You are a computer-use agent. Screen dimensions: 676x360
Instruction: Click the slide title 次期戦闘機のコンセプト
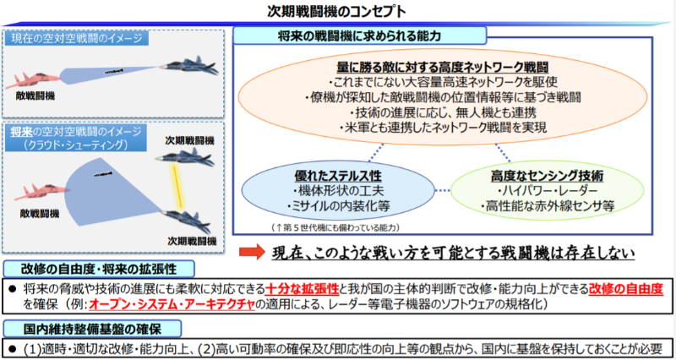click(x=337, y=12)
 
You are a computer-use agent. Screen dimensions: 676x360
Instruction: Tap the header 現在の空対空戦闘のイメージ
click(x=78, y=38)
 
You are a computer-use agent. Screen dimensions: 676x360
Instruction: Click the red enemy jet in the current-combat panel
click(x=35, y=79)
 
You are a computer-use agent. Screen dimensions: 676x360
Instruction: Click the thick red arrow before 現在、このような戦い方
click(x=251, y=252)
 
